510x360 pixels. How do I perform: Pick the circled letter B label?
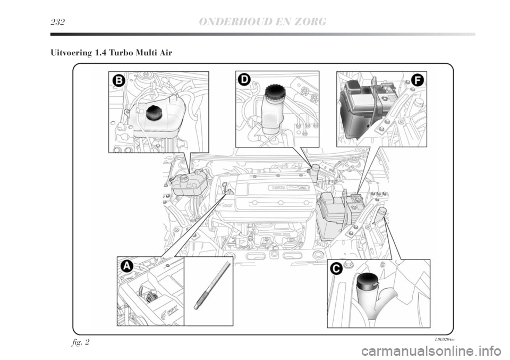118,80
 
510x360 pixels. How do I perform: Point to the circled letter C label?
335,269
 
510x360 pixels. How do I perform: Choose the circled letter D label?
244,80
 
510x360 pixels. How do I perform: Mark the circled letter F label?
418,80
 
